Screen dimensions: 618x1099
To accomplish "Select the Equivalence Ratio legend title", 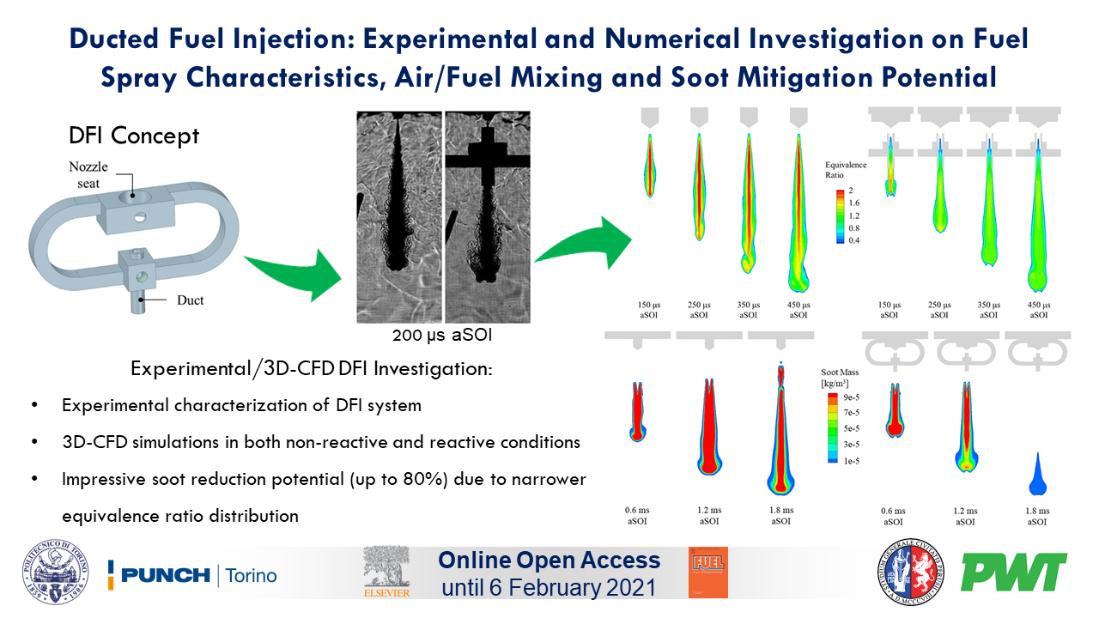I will tap(846, 170).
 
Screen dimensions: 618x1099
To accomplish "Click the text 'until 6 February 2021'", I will tap(549, 589).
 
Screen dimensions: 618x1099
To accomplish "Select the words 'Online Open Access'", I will tap(549, 561).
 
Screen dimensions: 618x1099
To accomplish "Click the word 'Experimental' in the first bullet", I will tap(114, 405).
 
